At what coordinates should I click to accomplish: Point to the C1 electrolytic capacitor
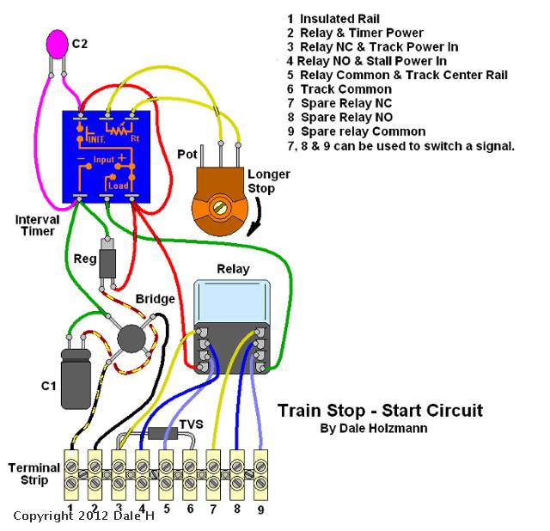click(x=76, y=377)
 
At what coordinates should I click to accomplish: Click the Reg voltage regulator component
click(x=107, y=261)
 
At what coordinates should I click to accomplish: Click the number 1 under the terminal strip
click(x=72, y=509)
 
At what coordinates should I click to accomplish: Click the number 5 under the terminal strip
click(x=166, y=509)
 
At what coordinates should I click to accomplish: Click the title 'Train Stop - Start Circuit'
click(x=380, y=410)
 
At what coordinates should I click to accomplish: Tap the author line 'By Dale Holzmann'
click(x=373, y=428)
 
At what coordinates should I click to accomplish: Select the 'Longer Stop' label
click(x=268, y=181)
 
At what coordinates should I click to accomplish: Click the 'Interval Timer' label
click(x=37, y=225)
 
